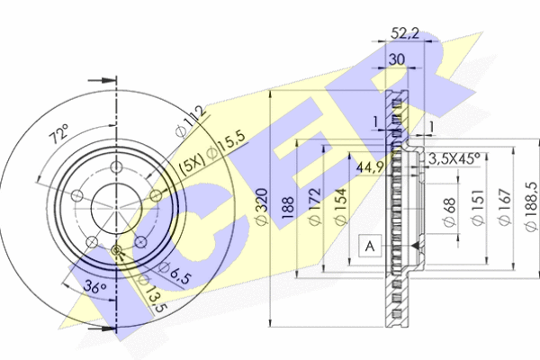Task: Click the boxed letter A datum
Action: pos(369,244)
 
